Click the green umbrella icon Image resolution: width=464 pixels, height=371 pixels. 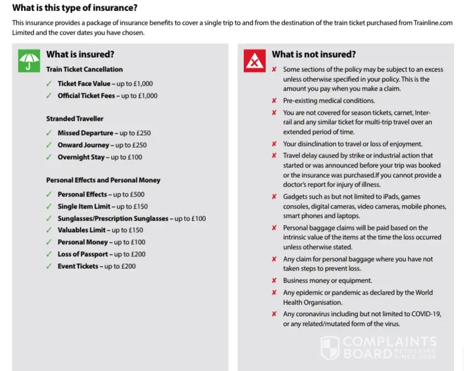point(29,60)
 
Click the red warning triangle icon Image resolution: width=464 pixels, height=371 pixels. point(254,60)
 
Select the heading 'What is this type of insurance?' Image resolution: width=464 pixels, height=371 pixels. point(75,8)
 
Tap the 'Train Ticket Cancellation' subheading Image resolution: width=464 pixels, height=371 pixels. point(85,69)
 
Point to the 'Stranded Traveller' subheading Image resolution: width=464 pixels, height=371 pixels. point(75,119)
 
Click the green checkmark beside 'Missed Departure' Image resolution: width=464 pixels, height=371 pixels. point(49,133)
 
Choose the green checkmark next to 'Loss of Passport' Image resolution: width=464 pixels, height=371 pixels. point(49,255)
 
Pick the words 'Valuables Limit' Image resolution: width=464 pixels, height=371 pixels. point(81,231)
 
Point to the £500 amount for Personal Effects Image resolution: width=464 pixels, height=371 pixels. point(137,194)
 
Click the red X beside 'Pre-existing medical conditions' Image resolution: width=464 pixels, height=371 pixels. point(274,101)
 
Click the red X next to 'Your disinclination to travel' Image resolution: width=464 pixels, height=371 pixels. point(274,144)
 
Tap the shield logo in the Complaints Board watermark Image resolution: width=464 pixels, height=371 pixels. point(329,348)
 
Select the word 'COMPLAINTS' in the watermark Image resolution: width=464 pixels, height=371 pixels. point(389,342)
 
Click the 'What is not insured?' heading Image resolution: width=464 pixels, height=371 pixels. point(314,54)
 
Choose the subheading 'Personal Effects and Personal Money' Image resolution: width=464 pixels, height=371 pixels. point(103,180)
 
